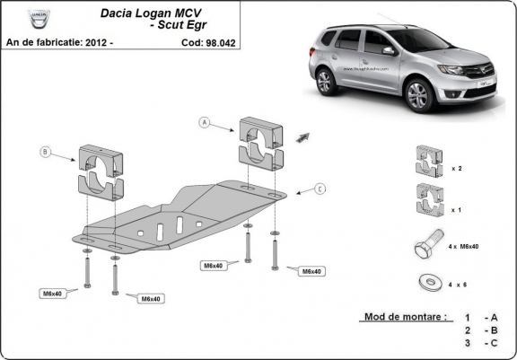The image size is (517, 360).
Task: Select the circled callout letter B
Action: click(x=46, y=152)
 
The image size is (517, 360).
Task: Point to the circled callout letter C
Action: click(x=320, y=189)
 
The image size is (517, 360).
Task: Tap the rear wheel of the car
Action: click(x=327, y=79)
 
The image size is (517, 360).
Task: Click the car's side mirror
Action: click(x=389, y=52)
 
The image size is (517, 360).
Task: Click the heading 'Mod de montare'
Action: click(x=404, y=317)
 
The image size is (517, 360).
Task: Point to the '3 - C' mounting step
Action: click(x=479, y=343)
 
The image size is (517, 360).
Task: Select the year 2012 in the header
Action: click(x=101, y=42)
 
